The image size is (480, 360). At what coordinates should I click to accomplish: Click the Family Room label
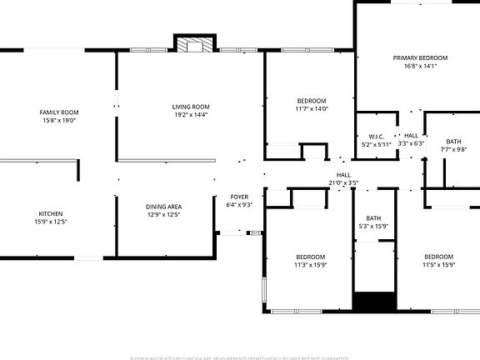click(x=58, y=112)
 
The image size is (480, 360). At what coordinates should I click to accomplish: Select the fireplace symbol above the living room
click(x=194, y=45)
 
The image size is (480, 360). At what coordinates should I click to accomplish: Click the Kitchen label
click(x=50, y=213)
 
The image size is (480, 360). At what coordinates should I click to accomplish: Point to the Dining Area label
click(x=163, y=207)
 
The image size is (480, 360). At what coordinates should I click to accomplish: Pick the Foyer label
click(x=239, y=197)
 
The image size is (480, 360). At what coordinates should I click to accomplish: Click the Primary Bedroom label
click(x=420, y=58)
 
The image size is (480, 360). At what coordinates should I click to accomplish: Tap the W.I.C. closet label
click(x=376, y=136)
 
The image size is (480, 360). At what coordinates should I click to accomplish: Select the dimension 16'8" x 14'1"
click(x=420, y=67)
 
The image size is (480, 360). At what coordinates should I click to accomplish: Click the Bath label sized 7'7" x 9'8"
click(x=453, y=142)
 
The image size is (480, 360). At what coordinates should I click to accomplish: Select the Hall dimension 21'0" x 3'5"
click(x=343, y=182)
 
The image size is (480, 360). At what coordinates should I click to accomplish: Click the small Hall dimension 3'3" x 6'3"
click(x=412, y=143)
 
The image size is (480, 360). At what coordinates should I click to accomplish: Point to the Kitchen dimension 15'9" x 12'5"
click(x=50, y=222)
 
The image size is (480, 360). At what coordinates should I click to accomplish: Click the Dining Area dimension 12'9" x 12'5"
click(x=163, y=215)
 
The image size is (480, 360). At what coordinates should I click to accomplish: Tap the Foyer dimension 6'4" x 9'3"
click(x=239, y=205)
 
